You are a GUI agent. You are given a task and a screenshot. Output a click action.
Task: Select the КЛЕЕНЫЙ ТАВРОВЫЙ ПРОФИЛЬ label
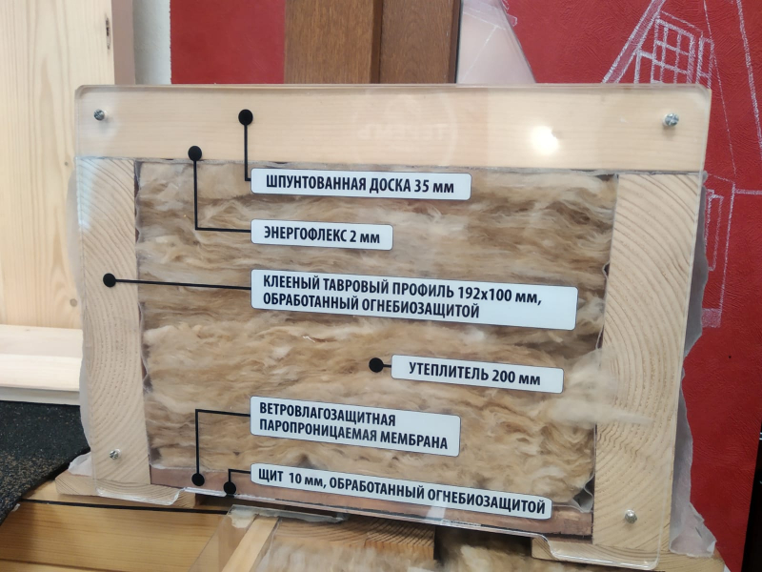pos(414,299)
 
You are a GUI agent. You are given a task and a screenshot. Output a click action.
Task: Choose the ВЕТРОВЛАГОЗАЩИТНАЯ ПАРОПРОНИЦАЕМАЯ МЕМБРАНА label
pos(354,426)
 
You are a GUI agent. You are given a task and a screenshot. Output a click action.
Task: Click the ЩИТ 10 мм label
pos(401,491)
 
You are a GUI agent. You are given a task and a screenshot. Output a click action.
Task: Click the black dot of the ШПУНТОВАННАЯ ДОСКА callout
pos(246,117)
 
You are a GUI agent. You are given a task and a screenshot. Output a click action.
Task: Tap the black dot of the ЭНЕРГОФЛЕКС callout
pos(195,153)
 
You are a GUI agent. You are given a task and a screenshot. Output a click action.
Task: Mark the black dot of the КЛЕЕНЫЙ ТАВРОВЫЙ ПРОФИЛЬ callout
pos(110,280)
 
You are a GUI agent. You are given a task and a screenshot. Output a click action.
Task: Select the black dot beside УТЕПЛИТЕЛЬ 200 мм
pos(376,365)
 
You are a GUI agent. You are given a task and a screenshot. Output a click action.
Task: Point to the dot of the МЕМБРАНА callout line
pos(198,480)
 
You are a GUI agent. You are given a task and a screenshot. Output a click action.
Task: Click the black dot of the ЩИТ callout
pos(230,488)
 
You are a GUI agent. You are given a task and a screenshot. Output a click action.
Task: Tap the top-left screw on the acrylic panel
pos(100,115)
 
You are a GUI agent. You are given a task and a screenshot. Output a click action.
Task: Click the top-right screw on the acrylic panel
pos(671,120)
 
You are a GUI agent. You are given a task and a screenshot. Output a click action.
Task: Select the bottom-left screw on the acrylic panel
pos(114,455)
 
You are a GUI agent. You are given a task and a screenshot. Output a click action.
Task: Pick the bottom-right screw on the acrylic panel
pos(631,516)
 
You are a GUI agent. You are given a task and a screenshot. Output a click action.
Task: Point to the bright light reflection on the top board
pos(544,141)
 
